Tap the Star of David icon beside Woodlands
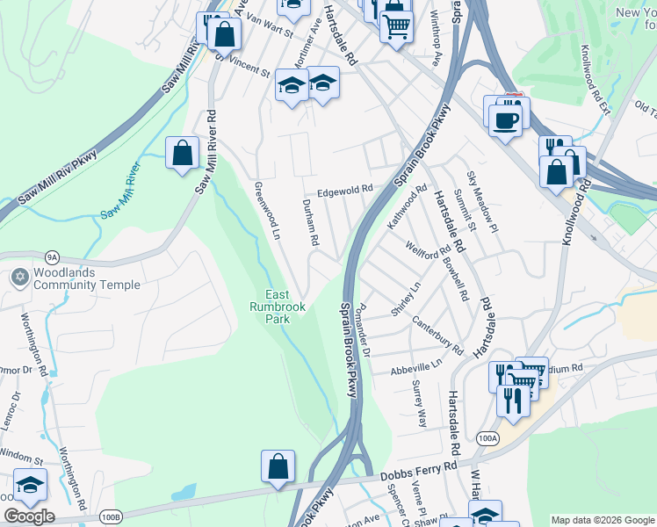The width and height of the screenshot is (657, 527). click(19, 278)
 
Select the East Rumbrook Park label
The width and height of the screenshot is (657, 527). click(278, 307)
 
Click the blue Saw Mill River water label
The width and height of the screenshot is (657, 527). click(121, 191)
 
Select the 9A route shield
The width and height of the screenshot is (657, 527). click(52, 257)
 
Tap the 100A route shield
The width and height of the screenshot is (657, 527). click(488, 437)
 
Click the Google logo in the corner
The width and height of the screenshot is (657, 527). click(29, 516)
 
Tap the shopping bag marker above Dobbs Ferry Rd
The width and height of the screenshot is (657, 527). click(278, 467)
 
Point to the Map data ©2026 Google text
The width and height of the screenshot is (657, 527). click(602, 520)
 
